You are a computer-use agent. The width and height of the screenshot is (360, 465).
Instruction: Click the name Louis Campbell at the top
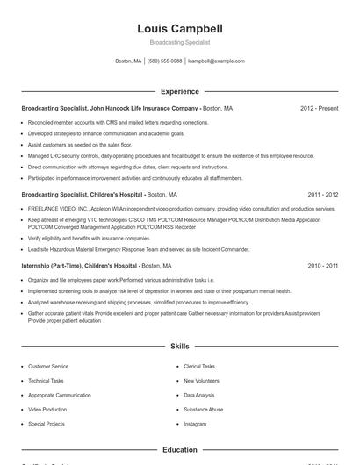click(179, 29)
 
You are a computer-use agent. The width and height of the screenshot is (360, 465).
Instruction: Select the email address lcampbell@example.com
click(216, 61)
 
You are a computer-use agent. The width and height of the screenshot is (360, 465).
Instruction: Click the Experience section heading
click(179, 91)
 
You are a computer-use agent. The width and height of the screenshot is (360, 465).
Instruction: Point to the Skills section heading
click(179, 347)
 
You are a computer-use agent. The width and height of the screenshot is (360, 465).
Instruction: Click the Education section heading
click(179, 449)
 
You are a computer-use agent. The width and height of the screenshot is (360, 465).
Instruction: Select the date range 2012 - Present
click(319, 108)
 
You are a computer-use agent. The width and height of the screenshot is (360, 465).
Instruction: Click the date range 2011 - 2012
click(322, 194)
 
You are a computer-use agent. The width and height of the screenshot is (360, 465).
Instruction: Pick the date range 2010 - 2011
click(322, 265)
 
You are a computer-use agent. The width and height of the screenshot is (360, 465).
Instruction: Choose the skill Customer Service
click(48, 366)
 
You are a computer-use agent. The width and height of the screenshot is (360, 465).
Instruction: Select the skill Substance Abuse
click(203, 409)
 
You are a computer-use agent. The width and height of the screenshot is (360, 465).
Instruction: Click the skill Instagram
click(195, 424)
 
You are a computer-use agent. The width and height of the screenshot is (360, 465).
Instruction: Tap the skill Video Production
click(47, 409)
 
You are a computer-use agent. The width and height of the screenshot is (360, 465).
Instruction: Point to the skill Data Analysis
click(199, 395)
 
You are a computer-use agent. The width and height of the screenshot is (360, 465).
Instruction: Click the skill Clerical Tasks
click(199, 366)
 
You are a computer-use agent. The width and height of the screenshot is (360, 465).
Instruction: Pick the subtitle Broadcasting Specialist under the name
click(179, 42)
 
